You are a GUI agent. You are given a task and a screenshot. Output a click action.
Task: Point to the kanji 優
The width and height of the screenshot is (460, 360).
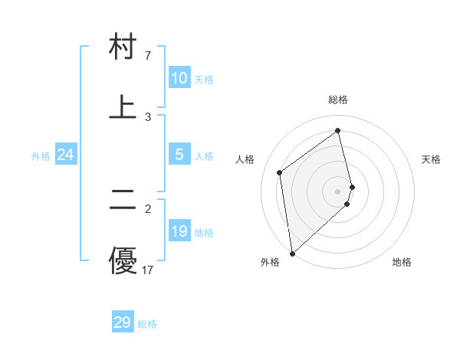pyautogui.click(x=123, y=260)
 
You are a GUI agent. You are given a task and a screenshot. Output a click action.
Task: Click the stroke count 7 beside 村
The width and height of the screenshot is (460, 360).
pyautogui.click(x=148, y=56)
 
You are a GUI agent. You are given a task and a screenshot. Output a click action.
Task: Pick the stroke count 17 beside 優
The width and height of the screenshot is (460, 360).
pyautogui.click(x=148, y=270)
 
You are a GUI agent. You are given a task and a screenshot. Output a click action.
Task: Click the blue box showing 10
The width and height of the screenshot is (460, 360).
pyautogui.click(x=179, y=78)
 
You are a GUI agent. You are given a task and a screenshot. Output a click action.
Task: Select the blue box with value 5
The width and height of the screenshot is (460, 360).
pyautogui.click(x=179, y=155)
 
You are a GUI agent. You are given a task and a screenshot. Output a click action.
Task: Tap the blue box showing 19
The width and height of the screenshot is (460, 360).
pyautogui.click(x=179, y=231)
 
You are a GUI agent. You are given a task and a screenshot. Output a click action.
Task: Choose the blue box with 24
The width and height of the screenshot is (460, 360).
pyautogui.click(x=65, y=155)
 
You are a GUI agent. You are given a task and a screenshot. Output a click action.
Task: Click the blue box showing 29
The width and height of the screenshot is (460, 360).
pyautogui.click(x=123, y=322)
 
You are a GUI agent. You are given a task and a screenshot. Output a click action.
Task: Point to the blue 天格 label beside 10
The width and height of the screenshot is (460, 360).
pyautogui.click(x=204, y=80)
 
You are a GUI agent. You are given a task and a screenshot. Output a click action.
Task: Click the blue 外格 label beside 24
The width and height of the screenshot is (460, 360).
pyautogui.click(x=41, y=156)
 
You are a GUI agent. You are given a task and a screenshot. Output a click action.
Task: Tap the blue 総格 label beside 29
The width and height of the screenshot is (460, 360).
pyautogui.click(x=147, y=324)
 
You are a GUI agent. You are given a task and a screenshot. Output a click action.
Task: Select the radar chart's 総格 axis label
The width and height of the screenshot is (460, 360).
pyautogui.click(x=338, y=100)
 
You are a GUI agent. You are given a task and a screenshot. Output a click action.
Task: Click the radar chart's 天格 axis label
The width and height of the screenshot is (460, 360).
pyautogui.click(x=431, y=159)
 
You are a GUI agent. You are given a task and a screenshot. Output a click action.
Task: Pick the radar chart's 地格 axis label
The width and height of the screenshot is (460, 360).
pyautogui.click(x=402, y=262)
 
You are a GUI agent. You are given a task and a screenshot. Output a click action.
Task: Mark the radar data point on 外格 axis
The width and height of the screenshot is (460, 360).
pyautogui.click(x=292, y=253)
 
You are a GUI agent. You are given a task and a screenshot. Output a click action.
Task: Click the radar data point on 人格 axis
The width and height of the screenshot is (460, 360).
pyautogui.click(x=280, y=172)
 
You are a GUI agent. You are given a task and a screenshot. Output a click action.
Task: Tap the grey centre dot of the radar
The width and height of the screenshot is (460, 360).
pyautogui.click(x=338, y=191)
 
